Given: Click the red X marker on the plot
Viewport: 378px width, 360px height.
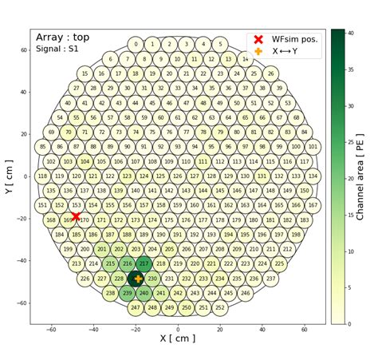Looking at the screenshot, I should point(76,216).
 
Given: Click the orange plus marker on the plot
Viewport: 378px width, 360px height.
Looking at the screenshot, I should point(137,279).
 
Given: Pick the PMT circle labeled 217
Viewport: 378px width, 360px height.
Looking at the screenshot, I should point(144,263).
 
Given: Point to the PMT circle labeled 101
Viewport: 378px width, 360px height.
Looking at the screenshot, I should point(313,147).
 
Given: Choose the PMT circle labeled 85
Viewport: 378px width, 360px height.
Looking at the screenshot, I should point(42,147).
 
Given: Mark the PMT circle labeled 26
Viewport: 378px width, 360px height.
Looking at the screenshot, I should point(270,73).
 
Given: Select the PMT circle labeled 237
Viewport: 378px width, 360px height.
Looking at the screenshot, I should point(271,279).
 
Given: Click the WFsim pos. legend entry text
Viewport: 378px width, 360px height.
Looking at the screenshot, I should point(295,38).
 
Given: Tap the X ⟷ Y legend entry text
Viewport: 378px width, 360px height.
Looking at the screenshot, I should point(290,51).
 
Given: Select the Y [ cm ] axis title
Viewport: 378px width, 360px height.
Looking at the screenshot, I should point(10,176).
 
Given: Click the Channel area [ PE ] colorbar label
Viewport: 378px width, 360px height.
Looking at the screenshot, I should point(360,176).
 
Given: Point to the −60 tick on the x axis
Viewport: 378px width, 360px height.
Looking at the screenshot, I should point(51,330).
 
